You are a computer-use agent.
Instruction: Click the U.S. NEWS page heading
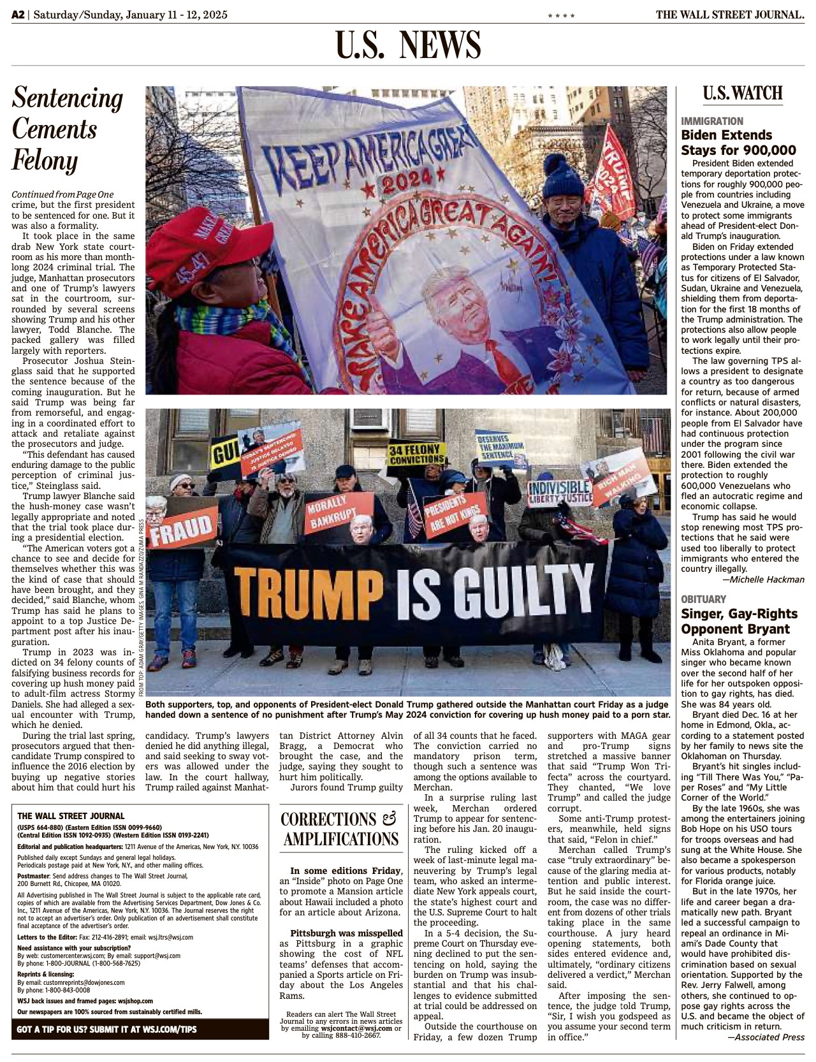[x=408, y=45]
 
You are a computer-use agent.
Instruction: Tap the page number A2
[x=18, y=14]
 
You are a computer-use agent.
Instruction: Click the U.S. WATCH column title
[x=743, y=94]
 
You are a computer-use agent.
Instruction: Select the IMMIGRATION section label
[x=711, y=121]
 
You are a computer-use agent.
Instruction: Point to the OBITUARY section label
[x=703, y=599]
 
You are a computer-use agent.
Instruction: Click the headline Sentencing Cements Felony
[x=68, y=129]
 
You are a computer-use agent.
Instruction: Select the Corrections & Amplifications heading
[x=341, y=829]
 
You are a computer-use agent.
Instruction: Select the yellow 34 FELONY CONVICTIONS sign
[x=416, y=455]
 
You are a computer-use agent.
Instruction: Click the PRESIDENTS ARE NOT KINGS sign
[x=447, y=514]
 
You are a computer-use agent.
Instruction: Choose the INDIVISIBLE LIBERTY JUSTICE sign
[x=560, y=493]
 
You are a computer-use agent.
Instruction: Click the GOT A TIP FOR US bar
[x=140, y=1029]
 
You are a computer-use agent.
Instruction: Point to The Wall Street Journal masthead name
[x=729, y=14]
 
